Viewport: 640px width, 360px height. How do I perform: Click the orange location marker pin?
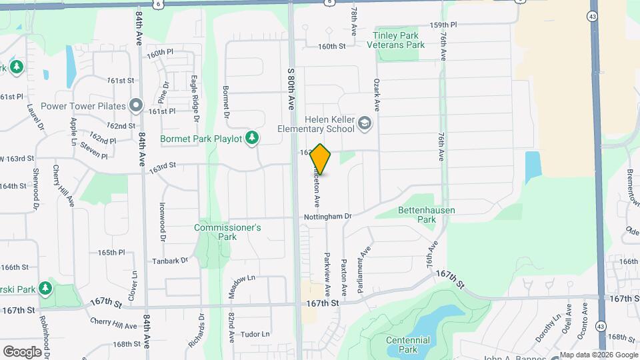pos(321,159)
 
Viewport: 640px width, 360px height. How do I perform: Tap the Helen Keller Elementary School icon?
pos(365,123)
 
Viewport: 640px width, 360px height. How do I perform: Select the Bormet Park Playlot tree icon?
pos(252,138)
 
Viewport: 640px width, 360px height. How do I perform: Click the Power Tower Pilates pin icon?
pos(137,105)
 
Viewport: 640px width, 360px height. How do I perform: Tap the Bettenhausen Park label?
pos(426,214)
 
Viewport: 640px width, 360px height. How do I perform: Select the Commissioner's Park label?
pos(227,232)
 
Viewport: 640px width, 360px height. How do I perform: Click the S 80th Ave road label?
pos(291,88)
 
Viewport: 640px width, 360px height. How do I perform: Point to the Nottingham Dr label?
pos(328,216)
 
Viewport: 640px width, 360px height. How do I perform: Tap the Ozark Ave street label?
pos(376,95)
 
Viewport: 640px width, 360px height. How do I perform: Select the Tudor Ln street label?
pos(255,334)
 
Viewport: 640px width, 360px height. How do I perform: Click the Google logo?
pos(22,351)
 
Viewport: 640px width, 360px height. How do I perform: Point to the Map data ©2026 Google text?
pos(599,355)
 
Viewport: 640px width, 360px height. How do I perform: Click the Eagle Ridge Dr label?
pos(195,98)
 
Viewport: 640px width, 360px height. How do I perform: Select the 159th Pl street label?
pos(443,25)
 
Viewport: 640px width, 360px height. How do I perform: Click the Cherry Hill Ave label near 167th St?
pos(114,323)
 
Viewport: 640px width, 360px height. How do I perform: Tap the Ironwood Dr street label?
pos(162,222)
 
